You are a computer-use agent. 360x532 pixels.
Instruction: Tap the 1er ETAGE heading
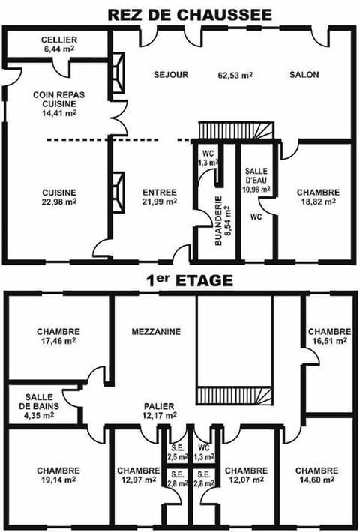pos(179,281)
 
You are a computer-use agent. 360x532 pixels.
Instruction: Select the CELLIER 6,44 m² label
pos(58,43)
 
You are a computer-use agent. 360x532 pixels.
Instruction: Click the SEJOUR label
pos(170,75)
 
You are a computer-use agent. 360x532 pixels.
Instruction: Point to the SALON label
pos(304,75)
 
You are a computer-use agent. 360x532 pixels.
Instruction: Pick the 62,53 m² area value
pos(235,75)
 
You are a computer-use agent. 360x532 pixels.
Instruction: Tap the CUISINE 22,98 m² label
pos(58,196)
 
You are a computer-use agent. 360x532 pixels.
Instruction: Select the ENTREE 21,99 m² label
pos(159,196)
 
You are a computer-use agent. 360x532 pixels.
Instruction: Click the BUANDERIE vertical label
pos(219,222)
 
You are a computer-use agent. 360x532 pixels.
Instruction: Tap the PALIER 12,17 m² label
pos(159,411)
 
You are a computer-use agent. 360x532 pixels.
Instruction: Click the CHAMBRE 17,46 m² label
pos(58,336)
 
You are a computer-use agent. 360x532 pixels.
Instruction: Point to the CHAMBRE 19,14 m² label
pos(58,475)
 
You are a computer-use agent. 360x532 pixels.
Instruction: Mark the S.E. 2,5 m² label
pos(177,453)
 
